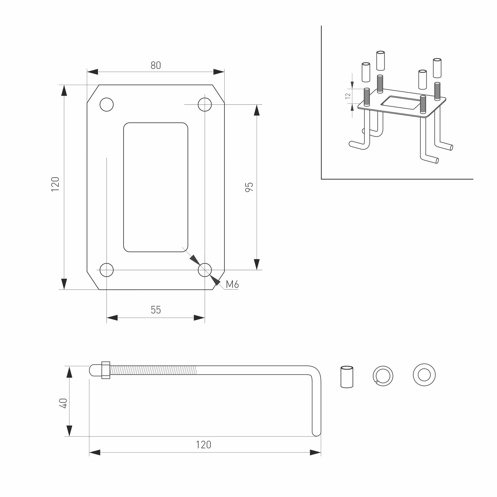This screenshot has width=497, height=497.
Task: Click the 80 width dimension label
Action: pos(156,65)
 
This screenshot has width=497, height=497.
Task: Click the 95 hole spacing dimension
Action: pos(249,187)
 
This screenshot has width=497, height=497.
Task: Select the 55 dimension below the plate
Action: pos(156,310)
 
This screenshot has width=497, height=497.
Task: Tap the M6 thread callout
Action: pos(232,285)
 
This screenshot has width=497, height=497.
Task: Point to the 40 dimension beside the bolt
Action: pos(63,403)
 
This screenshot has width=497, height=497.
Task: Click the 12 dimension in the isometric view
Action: pos(348,96)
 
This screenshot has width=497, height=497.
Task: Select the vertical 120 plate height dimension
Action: pos(55,184)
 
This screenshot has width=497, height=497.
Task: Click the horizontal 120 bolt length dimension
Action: pos(203,445)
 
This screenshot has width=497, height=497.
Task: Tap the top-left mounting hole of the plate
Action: pos(106,104)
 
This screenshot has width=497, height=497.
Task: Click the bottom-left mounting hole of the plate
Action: pos(106,270)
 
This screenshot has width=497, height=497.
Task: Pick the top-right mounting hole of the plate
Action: pos(205,104)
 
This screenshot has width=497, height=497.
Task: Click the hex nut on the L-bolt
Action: pos(106,370)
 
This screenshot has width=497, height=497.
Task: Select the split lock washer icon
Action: pos(383,376)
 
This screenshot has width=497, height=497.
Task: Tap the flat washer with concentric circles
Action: pos(424,375)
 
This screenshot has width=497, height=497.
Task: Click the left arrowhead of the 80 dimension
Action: pos(93,72)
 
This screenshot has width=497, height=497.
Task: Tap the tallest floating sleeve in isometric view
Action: pos(381,61)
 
